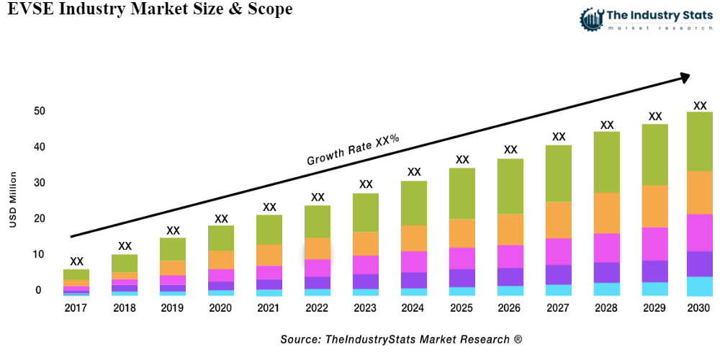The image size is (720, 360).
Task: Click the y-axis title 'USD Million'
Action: pyautogui.click(x=13, y=199)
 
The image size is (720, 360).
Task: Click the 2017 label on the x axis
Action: pyautogui.click(x=76, y=308)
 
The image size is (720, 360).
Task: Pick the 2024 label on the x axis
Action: pyautogui.click(x=414, y=308)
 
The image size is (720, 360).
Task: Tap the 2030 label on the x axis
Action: pyautogui.click(x=698, y=308)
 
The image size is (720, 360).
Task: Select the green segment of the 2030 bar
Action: pyautogui.click(x=699, y=141)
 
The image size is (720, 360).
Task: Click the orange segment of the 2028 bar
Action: pyautogui.click(x=607, y=212)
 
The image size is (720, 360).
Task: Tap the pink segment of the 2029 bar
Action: pyautogui.click(x=654, y=243)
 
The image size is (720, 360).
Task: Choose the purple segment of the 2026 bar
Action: pyautogui.click(x=510, y=276)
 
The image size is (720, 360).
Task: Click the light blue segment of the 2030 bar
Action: pyautogui.click(x=699, y=286)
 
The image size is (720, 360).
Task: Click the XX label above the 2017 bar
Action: pyautogui.click(x=76, y=261)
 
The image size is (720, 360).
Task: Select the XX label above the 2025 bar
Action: pyautogui.click(x=462, y=160)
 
